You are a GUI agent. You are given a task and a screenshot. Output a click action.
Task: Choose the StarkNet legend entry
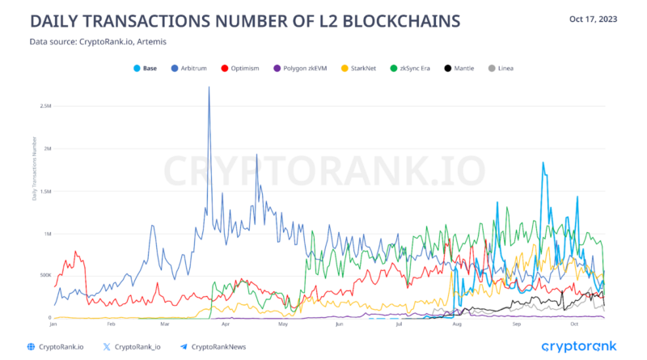(365, 69)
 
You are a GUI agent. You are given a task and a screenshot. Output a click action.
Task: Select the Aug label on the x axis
(459, 324)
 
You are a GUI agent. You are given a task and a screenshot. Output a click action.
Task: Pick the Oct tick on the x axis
(573, 324)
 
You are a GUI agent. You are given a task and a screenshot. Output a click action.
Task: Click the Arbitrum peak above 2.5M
(209, 87)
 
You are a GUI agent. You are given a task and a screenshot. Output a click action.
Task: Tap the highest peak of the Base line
(543, 163)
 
